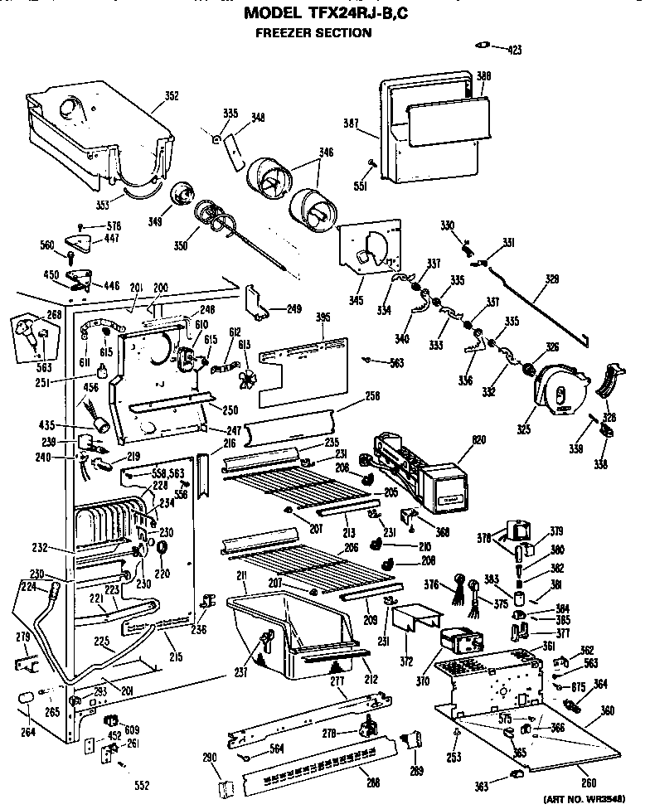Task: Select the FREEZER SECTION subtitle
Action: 313,33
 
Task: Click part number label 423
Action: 515,51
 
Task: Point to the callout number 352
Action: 171,96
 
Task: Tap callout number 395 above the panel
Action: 324,317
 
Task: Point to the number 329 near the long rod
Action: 551,292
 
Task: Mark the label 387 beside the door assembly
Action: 351,124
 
